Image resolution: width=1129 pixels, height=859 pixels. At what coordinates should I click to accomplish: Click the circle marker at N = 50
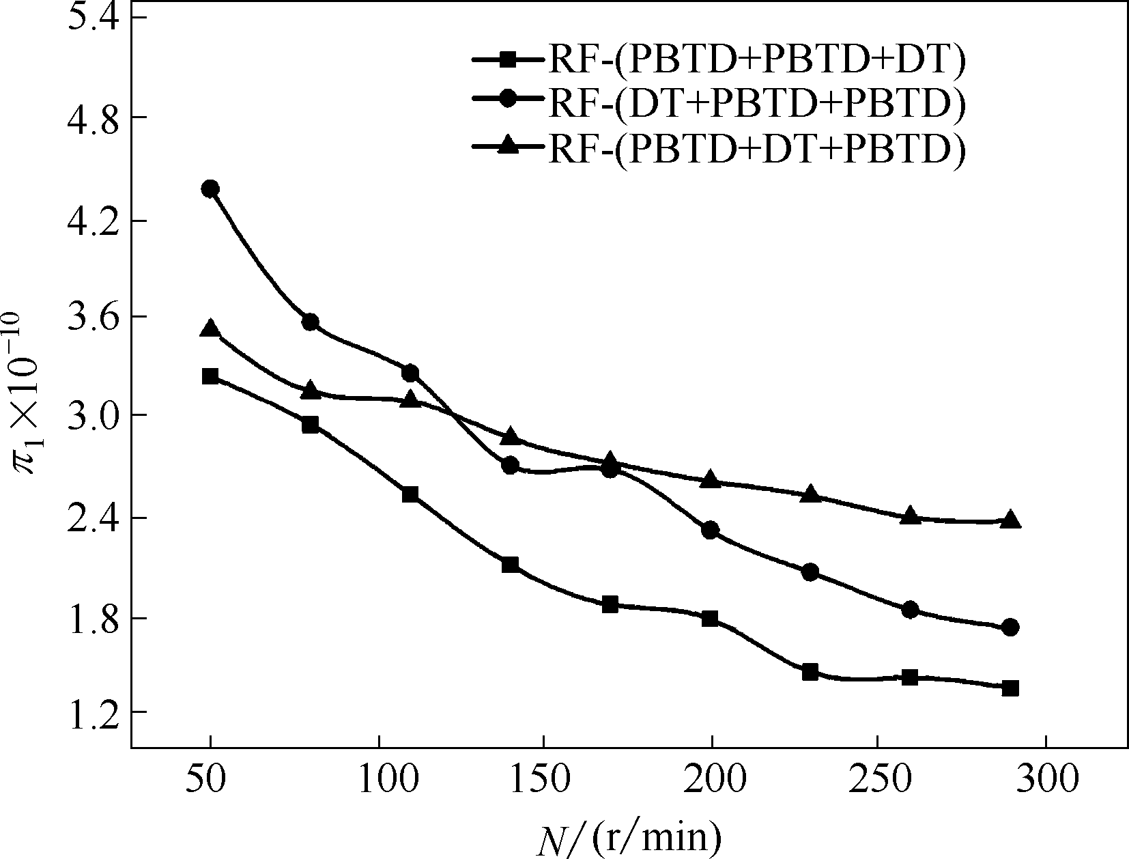click(210, 188)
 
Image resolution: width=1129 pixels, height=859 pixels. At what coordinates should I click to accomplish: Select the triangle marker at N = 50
click(210, 329)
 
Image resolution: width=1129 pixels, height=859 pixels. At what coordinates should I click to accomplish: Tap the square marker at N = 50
click(210, 376)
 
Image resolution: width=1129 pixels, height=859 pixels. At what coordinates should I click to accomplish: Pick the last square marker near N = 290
click(1011, 688)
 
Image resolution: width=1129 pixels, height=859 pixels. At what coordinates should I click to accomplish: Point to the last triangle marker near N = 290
click(1011, 520)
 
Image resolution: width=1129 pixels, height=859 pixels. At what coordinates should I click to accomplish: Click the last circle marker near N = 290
click(1011, 628)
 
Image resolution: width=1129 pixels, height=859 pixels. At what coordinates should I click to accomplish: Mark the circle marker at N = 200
click(710, 530)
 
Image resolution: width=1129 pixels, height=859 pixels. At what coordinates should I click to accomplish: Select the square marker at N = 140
click(510, 565)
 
